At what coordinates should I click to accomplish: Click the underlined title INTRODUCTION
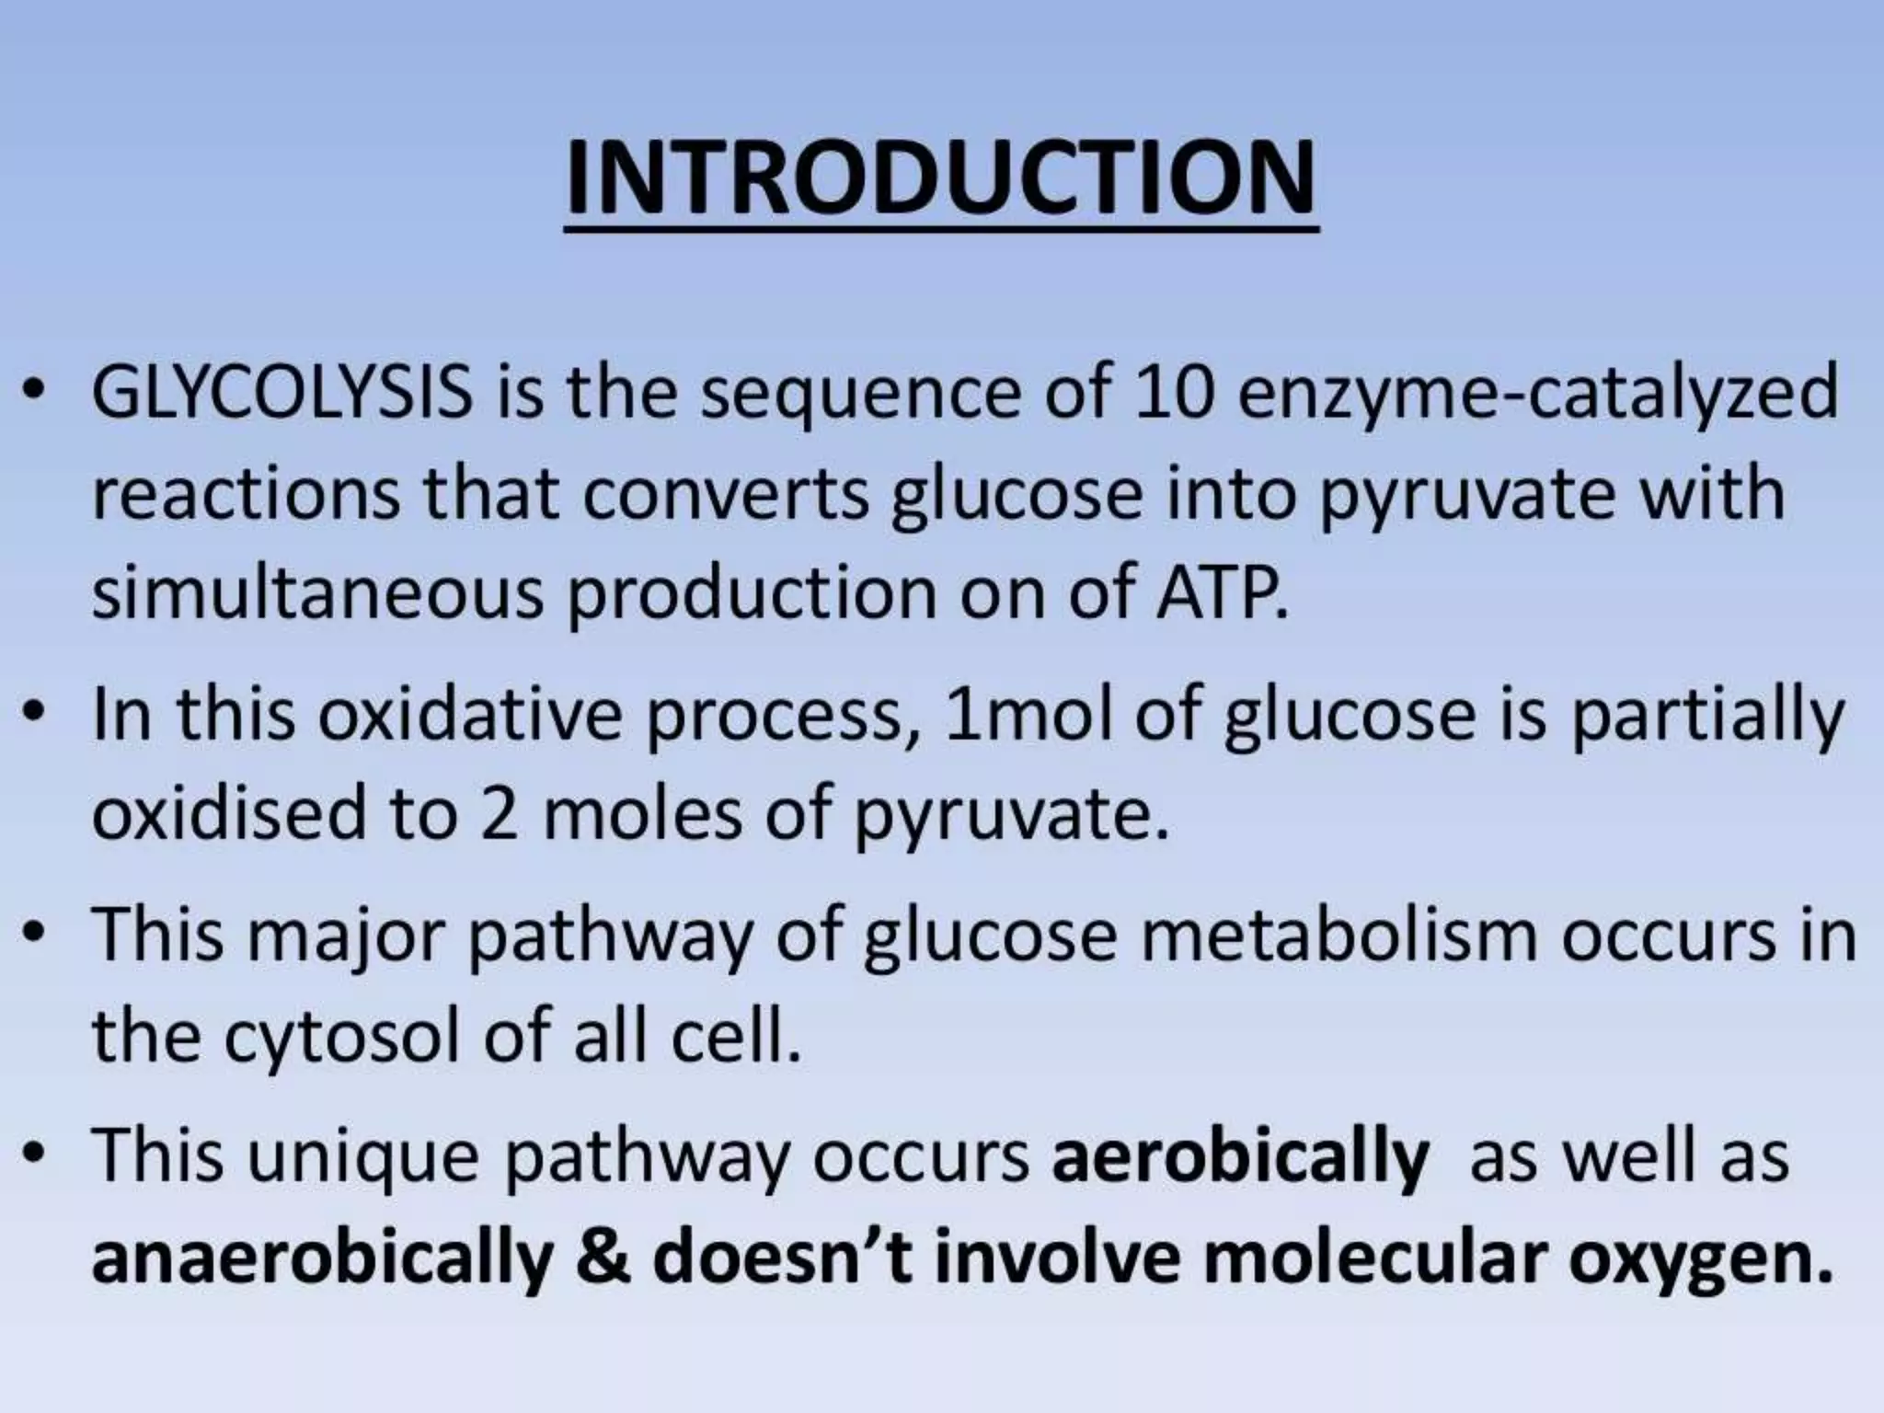941,179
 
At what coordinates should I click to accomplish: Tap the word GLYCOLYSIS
281,393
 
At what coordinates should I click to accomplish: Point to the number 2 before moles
498,815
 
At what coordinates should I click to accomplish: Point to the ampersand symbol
603,1258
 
